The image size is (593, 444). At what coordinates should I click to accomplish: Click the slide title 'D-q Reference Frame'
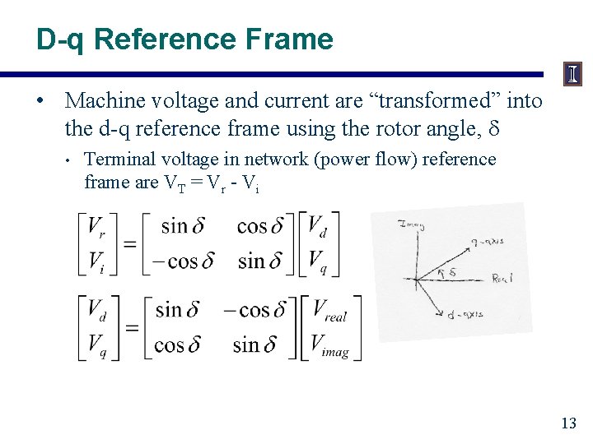[x=184, y=39]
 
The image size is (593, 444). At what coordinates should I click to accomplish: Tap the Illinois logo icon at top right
[x=572, y=75]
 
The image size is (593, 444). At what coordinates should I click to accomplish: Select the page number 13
[x=567, y=423]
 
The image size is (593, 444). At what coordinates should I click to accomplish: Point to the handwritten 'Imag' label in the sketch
[x=409, y=224]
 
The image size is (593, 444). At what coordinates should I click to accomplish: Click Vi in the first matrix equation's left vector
[x=96, y=262]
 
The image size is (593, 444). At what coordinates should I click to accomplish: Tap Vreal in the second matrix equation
[x=329, y=311]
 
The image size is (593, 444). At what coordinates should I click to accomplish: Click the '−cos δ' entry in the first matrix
[x=184, y=262]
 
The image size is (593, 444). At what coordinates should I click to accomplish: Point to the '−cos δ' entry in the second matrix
[x=254, y=310]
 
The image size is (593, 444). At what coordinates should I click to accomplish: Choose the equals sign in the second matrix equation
[x=132, y=327]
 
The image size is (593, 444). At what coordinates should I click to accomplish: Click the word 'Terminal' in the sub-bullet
[x=116, y=160]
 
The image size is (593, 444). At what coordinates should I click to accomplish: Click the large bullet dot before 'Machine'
[x=40, y=101]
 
